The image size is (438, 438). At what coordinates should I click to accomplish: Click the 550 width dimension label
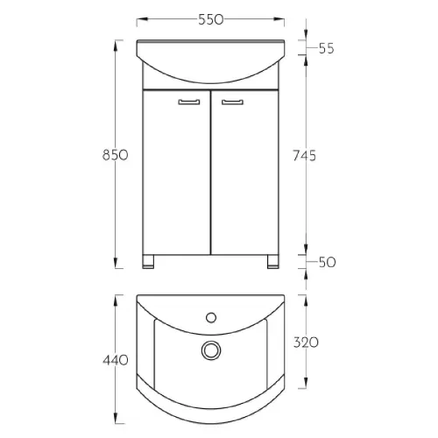(x=211, y=19)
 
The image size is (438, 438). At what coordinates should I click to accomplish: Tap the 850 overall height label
(x=116, y=155)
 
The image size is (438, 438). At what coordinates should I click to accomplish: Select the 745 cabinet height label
(x=305, y=156)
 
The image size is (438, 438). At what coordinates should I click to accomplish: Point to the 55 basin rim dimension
(x=326, y=48)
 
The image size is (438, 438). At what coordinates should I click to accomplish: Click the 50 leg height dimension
(x=327, y=262)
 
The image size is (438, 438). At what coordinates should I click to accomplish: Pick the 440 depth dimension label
(x=116, y=360)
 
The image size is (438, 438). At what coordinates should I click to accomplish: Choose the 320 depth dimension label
(x=306, y=343)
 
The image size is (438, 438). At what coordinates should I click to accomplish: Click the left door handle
(x=189, y=102)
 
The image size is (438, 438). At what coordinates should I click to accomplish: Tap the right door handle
(x=232, y=102)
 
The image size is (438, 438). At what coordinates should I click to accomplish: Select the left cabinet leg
(x=148, y=262)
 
